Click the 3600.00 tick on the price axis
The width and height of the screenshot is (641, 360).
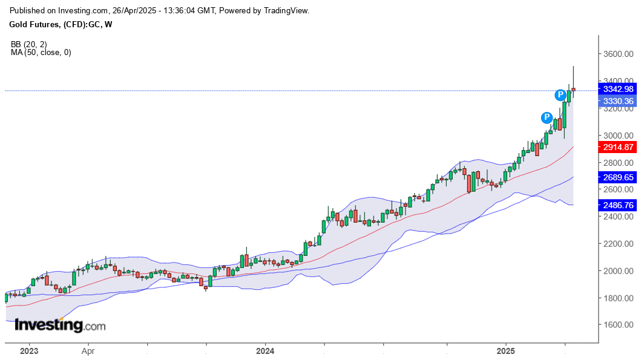[618, 54]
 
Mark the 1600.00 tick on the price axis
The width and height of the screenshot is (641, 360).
[618, 325]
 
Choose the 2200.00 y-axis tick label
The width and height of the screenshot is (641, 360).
[618, 244]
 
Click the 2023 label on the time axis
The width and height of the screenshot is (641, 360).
[29, 351]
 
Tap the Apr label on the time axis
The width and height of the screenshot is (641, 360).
[88, 351]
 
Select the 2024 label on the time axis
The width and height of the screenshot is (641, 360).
[265, 351]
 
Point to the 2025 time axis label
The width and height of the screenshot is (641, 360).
[506, 351]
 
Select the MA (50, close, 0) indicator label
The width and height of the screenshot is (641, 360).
[41, 53]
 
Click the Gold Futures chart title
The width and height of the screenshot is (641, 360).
[61, 25]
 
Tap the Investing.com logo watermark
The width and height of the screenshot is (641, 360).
[59, 325]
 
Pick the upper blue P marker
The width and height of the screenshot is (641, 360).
[561, 94]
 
